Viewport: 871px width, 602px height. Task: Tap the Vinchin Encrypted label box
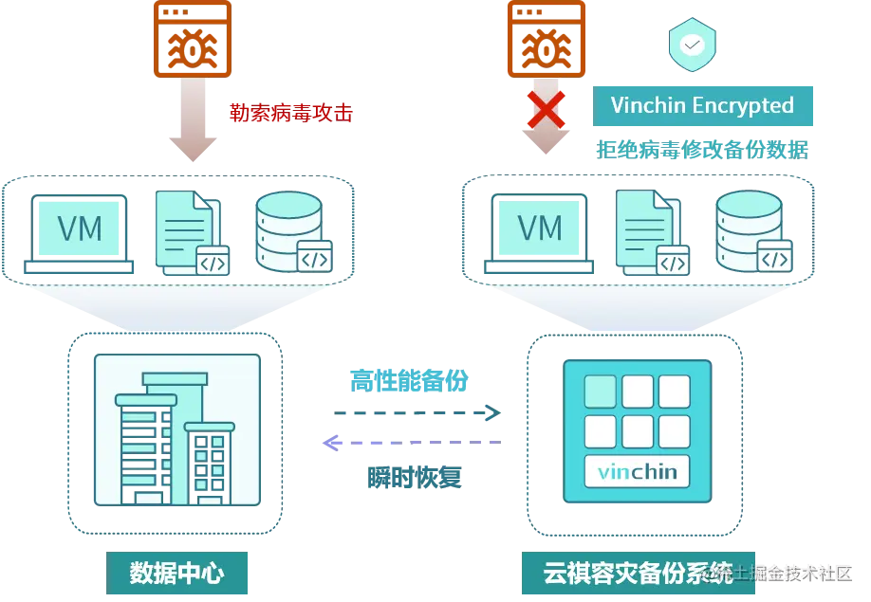click(703, 105)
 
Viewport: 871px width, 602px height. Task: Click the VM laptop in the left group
click(80, 233)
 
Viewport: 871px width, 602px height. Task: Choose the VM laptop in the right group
click(540, 233)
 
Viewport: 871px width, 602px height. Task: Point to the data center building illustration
click(176, 433)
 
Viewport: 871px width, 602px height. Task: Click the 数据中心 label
click(176, 572)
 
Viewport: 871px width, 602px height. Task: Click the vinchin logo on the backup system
click(637, 470)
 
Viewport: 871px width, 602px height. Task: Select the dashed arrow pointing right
click(417, 413)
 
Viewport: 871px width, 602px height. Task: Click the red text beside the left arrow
click(290, 115)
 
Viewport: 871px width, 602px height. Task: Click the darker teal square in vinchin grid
click(599, 391)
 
